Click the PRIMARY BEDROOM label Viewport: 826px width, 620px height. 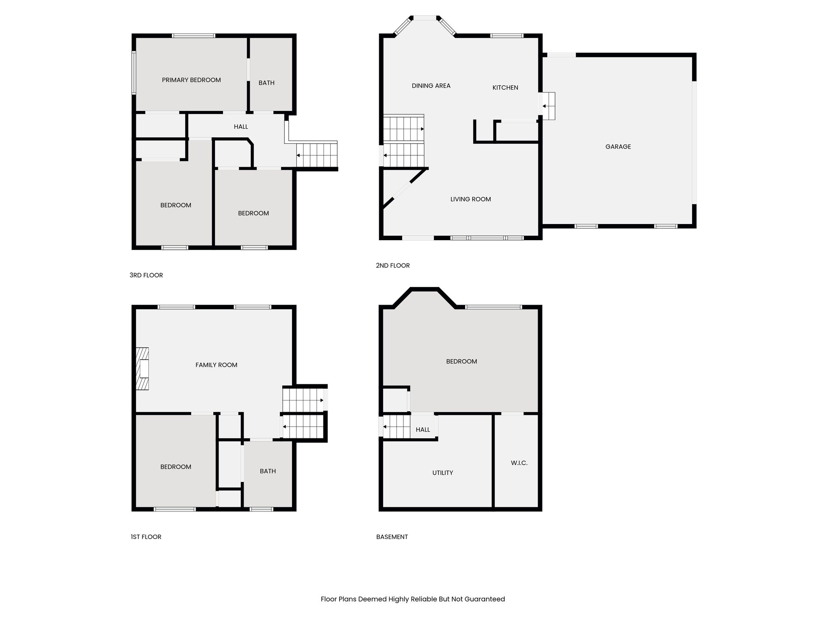tap(191, 80)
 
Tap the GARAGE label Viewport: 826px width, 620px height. tap(618, 147)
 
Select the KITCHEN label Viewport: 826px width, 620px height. tap(505, 88)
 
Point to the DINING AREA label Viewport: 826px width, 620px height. tap(431, 86)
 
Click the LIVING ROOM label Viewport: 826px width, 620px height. tap(470, 199)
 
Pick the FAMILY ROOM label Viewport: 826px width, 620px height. tap(216, 365)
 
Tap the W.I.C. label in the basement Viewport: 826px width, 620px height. tap(519, 463)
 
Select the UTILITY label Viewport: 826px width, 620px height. tap(442, 473)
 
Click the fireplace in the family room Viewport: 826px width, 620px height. tap(142, 369)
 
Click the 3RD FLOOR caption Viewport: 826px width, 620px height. tap(146, 275)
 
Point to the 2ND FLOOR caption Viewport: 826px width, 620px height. tap(392, 266)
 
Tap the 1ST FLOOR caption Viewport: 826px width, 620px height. tap(146, 537)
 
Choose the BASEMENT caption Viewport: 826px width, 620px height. tap(392, 537)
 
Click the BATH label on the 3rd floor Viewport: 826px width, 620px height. tap(266, 83)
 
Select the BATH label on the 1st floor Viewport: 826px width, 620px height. tap(268, 471)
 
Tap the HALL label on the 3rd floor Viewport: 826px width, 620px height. tap(241, 127)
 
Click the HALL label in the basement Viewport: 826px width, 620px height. tap(423, 430)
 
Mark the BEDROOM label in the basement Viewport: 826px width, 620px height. tap(461, 361)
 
